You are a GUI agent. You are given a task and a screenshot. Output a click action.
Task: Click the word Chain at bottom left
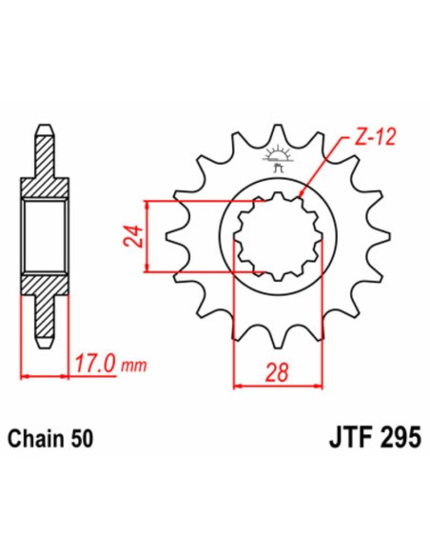click(33, 440)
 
